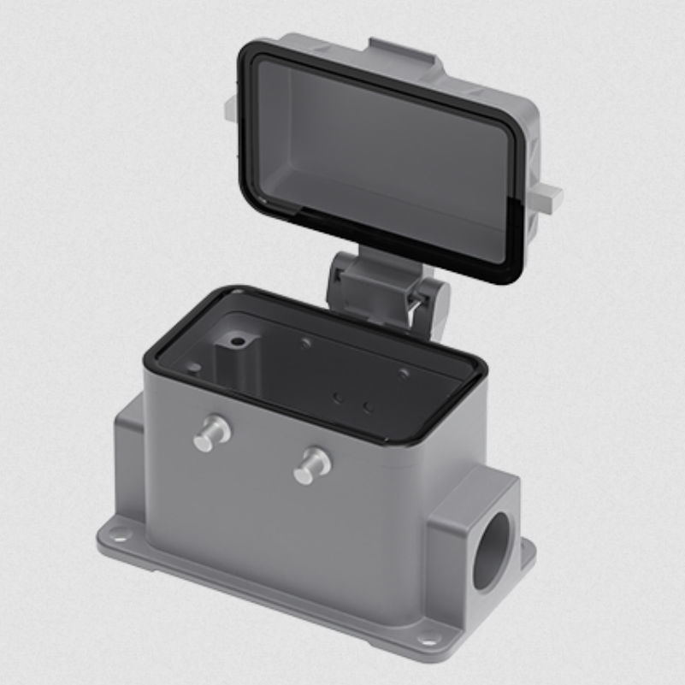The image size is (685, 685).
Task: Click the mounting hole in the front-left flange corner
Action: [119, 537]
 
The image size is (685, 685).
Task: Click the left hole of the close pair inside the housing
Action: [338, 398]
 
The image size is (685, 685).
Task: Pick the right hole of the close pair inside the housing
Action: [368, 406]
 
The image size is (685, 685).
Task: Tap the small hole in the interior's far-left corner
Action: [194, 368]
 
